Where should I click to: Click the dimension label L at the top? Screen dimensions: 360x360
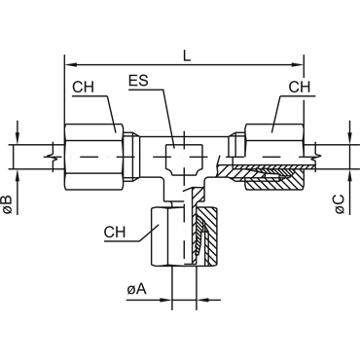click(x=187, y=55)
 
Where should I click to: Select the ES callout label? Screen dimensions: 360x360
click(x=138, y=81)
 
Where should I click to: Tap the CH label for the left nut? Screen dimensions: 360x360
click(x=83, y=88)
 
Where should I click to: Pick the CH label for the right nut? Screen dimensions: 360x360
click(x=300, y=87)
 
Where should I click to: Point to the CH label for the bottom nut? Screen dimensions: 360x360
click(x=115, y=233)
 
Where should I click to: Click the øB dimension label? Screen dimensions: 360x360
click(x=7, y=205)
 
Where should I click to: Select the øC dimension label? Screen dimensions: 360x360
click(x=340, y=204)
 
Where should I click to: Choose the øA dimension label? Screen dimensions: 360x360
click(x=136, y=289)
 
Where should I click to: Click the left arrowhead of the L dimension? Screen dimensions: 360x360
click(x=71, y=65)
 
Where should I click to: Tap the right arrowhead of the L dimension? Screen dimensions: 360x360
click(x=298, y=65)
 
